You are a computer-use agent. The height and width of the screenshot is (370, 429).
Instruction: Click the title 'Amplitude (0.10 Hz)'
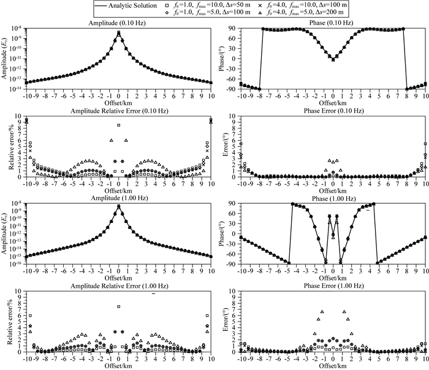point(118,23)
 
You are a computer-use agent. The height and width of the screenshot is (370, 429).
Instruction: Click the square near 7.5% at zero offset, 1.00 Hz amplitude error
point(118,306)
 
